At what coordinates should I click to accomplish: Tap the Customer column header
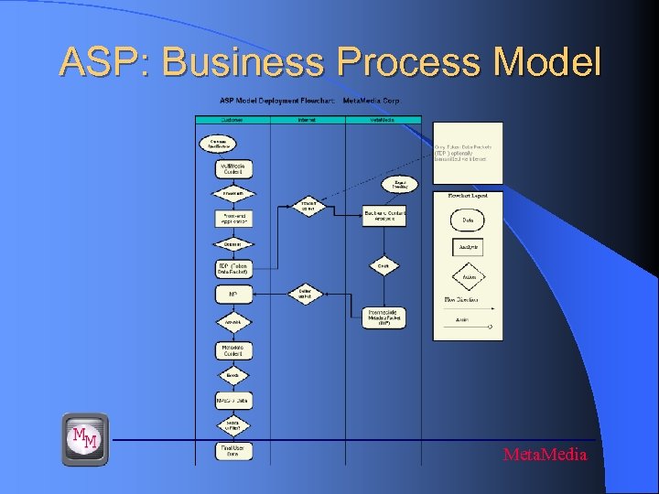pos(232,119)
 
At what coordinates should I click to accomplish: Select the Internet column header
pos(308,119)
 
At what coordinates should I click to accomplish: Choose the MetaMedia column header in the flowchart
pos(383,119)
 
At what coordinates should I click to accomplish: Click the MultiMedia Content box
pos(232,169)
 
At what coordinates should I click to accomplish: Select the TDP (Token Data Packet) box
pos(232,269)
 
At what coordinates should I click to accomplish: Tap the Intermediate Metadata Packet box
pos(384,317)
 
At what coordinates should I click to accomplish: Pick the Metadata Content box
pos(232,349)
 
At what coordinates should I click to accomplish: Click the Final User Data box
pos(232,450)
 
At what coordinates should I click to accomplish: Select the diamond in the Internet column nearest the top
pos(308,206)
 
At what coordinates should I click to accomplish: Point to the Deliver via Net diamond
pos(306,294)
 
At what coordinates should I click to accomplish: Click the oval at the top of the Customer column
pos(218,144)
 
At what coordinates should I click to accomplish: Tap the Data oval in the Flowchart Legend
pos(468,220)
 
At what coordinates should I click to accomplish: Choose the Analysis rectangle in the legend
pos(468,247)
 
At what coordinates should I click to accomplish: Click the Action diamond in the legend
pos(468,277)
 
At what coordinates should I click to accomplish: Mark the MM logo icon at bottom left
pos(85,439)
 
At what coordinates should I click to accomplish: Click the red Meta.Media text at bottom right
pos(545,455)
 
